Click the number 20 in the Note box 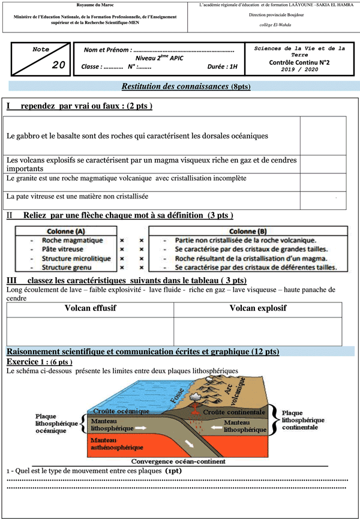(58, 65)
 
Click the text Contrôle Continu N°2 (300, 62)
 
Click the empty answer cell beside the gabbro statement (323, 136)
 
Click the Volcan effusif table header (90, 308)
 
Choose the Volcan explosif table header (258, 308)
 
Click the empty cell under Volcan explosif (258, 331)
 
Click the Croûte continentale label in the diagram (233, 413)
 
